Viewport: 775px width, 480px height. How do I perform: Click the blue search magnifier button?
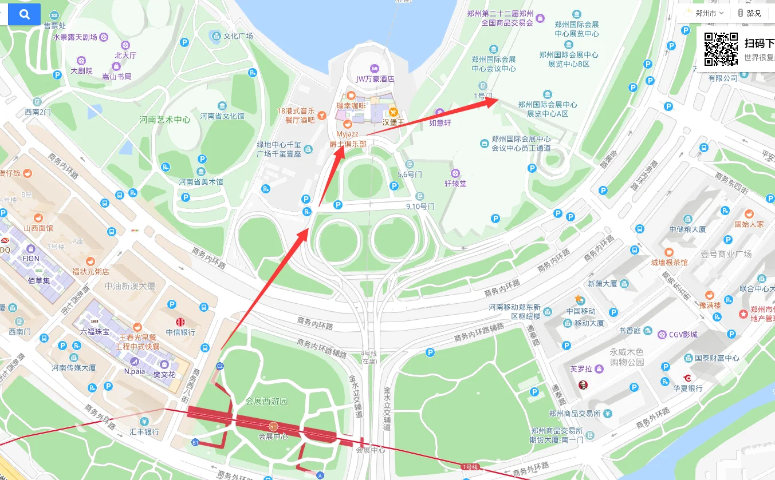24,15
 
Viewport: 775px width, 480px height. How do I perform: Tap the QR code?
721,49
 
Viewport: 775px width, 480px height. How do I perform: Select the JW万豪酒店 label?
375,78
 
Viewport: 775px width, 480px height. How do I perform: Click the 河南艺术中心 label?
166,120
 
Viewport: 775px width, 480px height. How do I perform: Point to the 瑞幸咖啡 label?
351,106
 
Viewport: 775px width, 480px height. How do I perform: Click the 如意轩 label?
440,122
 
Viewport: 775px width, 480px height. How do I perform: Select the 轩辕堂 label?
456,184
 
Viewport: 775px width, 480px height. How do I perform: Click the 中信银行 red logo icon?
180,322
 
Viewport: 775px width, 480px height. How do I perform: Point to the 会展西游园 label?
266,401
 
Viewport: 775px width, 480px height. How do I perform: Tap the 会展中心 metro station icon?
273,426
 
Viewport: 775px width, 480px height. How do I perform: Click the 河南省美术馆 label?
200,182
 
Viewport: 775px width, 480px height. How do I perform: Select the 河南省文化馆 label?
222,116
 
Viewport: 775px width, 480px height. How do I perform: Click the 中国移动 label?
581,311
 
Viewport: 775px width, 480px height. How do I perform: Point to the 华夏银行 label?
688,388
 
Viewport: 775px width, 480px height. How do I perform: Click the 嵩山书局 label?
117,76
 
